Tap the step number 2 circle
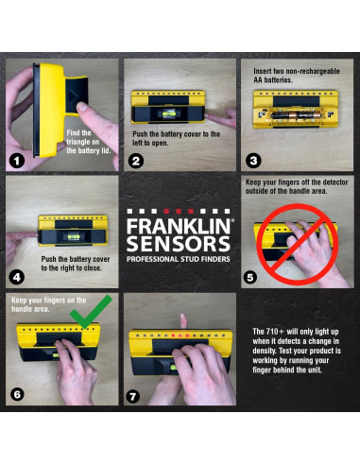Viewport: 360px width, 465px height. tap(135, 161)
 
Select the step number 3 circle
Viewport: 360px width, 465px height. tap(253, 161)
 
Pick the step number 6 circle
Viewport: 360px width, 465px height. tap(17, 394)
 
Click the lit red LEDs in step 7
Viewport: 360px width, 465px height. tap(179, 336)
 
